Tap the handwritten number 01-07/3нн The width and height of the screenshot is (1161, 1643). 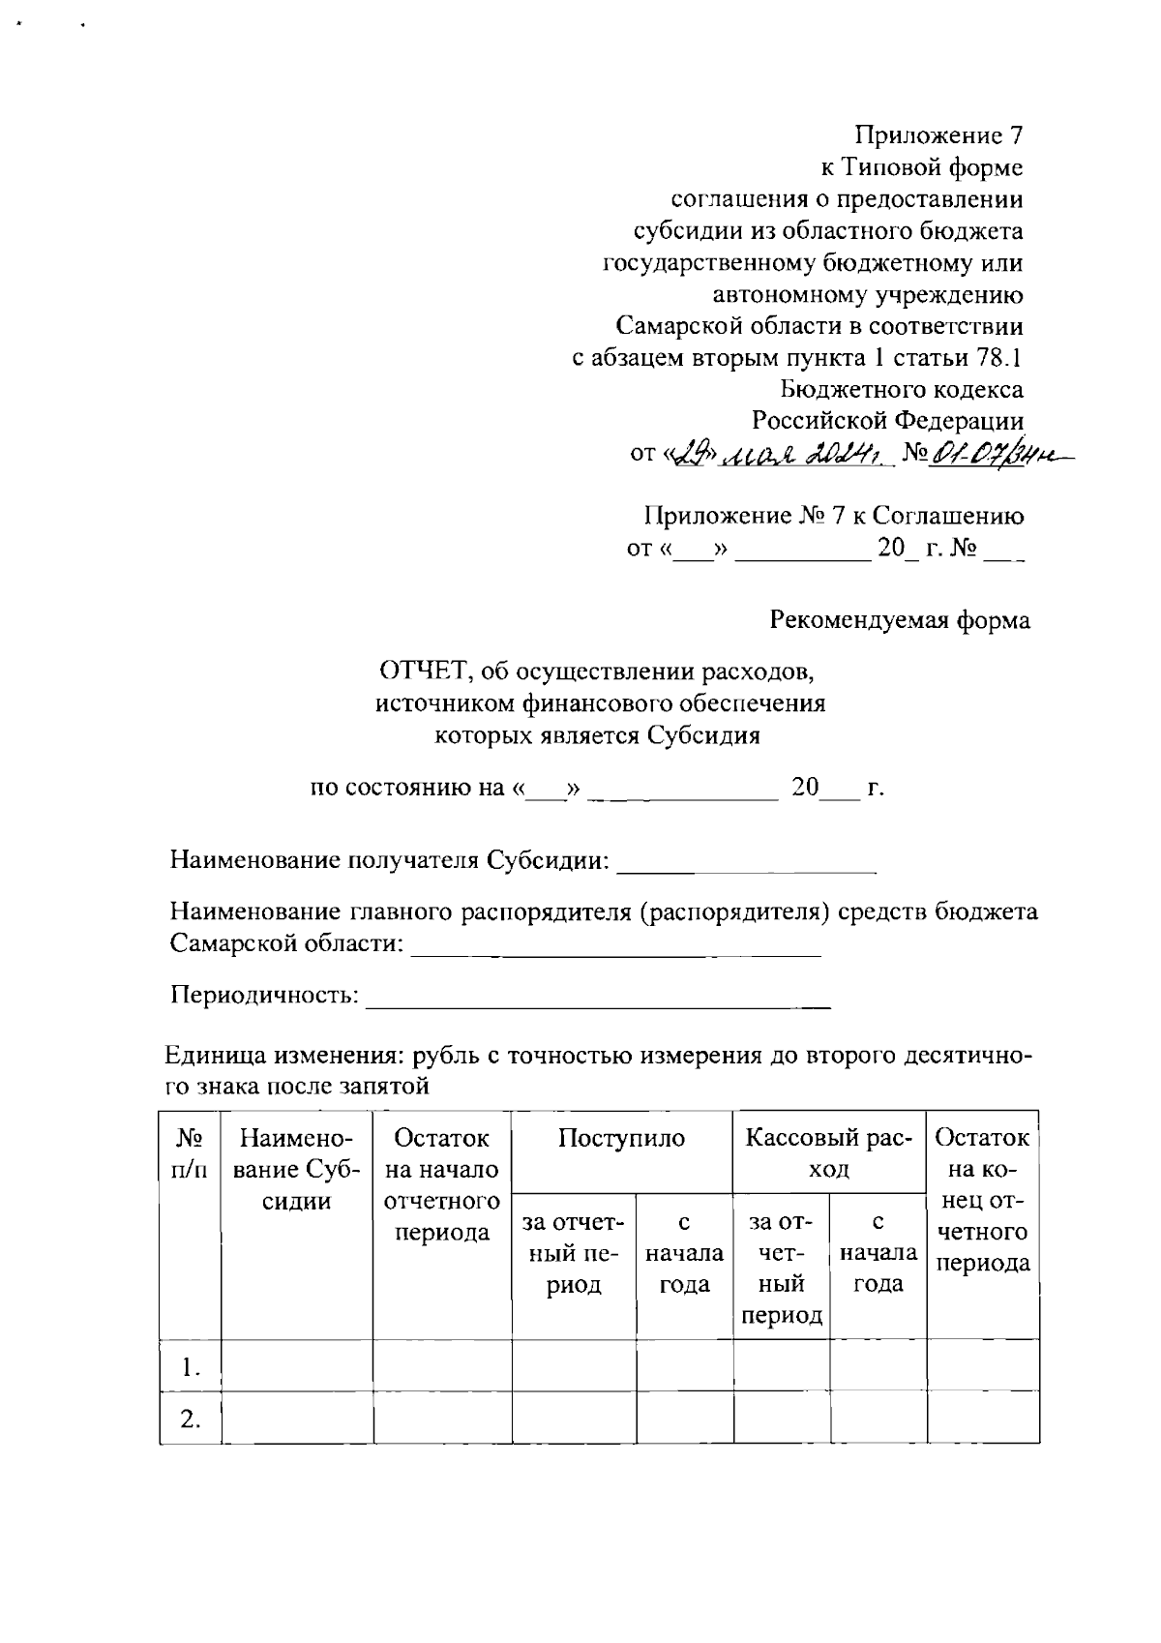[x=983, y=453]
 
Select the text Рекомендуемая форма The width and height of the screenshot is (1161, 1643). [x=900, y=620]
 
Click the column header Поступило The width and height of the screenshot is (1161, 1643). [x=621, y=1138]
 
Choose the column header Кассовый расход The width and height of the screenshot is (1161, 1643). [x=829, y=1153]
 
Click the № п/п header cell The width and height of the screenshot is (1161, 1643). [x=190, y=1153]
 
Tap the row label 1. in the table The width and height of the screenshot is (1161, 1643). [x=191, y=1367]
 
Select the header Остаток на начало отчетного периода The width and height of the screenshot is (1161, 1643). [x=442, y=1185]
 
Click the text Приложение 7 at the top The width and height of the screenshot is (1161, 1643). [x=938, y=135]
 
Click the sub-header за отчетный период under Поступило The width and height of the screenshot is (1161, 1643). [x=574, y=1254]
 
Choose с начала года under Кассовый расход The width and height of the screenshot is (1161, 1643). [x=878, y=1254]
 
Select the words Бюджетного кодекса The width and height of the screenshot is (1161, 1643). [x=902, y=390]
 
